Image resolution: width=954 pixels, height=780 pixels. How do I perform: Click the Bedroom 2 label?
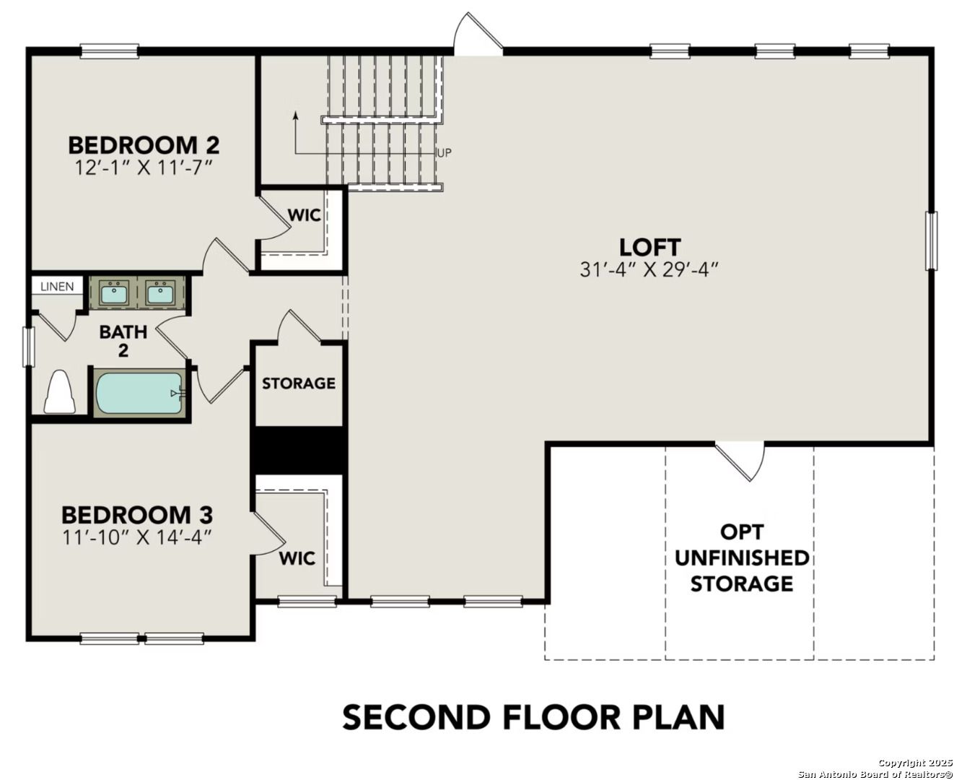tap(144, 145)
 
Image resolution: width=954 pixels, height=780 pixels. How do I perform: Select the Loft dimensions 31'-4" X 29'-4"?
tap(649, 269)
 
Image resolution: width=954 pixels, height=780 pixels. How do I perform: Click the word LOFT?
tap(649, 247)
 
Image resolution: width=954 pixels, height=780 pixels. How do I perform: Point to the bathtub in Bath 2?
tap(139, 393)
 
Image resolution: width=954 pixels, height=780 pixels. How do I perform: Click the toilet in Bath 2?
tap(59, 393)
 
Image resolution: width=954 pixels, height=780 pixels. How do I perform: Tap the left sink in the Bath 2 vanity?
tap(113, 293)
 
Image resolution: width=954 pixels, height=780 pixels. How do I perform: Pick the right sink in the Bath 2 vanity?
tap(159, 293)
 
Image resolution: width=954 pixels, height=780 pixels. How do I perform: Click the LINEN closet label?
tap(57, 287)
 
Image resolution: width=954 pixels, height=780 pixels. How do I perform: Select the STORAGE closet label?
tap(298, 383)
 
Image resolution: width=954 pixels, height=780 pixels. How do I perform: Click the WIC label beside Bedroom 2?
tap(304, 216)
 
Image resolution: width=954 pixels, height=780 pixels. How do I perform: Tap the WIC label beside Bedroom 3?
tap(297, 558)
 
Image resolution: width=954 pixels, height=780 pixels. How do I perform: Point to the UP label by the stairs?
tap(445, 153)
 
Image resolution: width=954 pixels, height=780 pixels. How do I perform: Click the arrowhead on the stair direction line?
tap(295, 114)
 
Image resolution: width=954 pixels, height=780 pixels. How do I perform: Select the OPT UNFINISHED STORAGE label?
tap(741, 558)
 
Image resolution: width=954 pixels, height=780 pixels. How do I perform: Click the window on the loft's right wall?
tap(931, 240)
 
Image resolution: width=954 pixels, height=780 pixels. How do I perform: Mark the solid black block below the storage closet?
tap(299, 451)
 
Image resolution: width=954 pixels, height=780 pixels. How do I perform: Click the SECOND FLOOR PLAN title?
tap(533, 717)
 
